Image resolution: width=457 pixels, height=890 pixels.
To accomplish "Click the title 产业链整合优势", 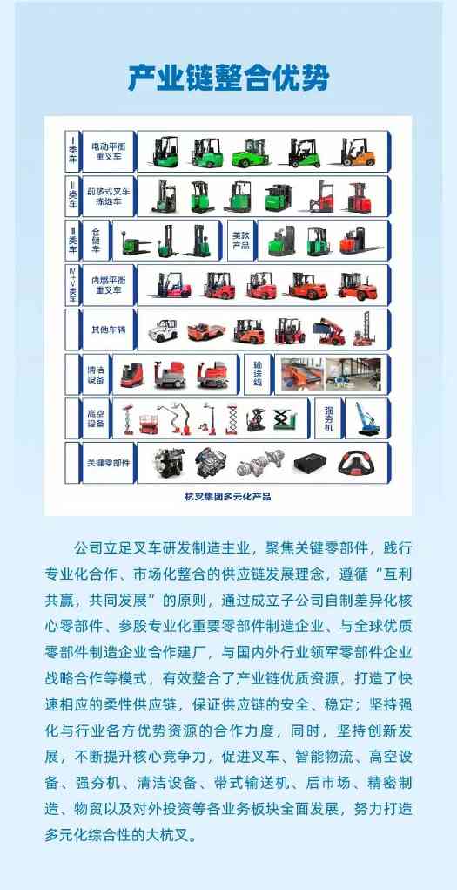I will (x=228, y=79).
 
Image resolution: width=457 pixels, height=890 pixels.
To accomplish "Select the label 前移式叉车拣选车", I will (x=108, y=195).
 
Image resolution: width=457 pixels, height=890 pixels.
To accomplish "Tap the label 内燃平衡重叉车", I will (x=108, y=284).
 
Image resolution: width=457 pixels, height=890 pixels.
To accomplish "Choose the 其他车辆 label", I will (x=108, y=330).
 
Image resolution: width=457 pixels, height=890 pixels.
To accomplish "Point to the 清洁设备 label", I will (x=96, y=374).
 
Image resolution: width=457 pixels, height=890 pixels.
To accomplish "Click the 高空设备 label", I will (x=96, y=418).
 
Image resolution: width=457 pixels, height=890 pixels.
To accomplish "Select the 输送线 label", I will (x=257, y=374).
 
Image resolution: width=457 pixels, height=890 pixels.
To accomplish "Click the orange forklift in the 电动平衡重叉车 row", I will (x=358, y=152).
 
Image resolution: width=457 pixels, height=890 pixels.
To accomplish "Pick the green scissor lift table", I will (x=281, y=419).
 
